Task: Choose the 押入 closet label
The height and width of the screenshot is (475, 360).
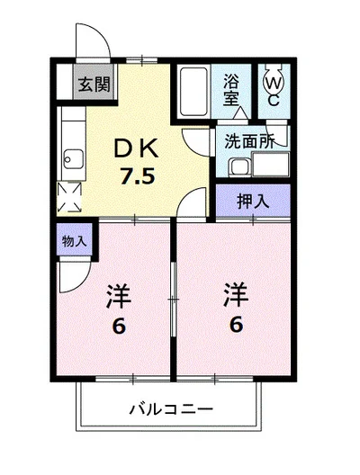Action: pos(252,201)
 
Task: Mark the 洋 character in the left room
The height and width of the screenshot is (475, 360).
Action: pos(117,294)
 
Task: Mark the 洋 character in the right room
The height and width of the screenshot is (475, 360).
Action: pos(236,293)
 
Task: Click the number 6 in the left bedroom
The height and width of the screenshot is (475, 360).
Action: pos(117,326)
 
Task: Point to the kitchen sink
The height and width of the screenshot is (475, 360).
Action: pos(70,163)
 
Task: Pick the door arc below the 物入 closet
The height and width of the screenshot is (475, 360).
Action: pos(76,275)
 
